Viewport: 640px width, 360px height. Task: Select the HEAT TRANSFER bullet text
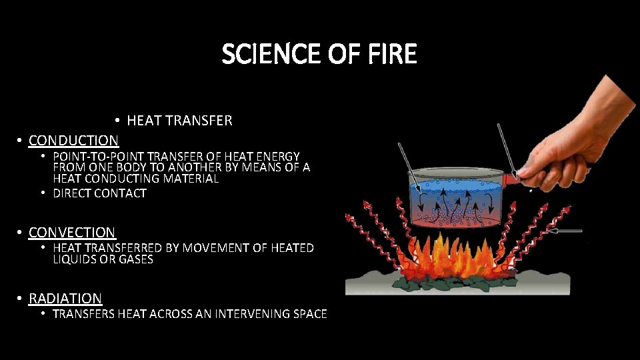179,121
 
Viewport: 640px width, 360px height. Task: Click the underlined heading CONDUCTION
73,140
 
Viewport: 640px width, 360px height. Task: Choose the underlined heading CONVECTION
72,232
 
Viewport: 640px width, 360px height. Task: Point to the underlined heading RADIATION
65,298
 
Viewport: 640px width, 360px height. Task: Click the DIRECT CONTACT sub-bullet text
99,193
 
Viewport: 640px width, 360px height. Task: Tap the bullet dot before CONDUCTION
21,141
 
